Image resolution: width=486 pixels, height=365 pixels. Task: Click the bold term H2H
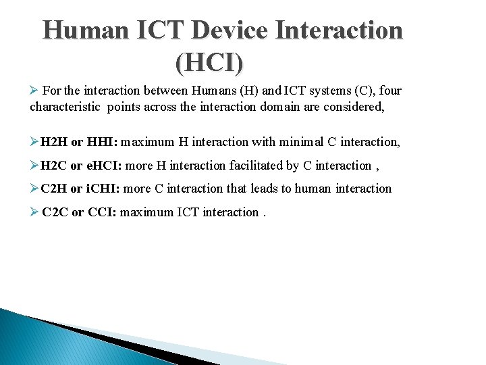(x=54, y=142)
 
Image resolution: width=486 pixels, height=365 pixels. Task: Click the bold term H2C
(x=54, y=166)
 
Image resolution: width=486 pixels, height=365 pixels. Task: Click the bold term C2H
(x=54, y=189)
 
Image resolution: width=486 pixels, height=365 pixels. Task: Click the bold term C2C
(x=55, y=212)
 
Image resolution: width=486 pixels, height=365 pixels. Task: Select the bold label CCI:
(x=103, y=212)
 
